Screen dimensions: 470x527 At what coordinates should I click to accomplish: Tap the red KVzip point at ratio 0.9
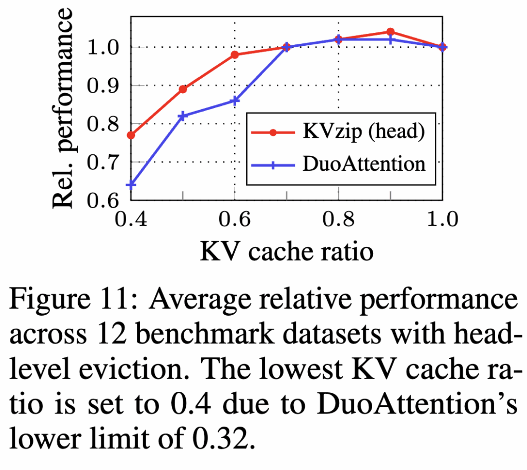pos(391,32)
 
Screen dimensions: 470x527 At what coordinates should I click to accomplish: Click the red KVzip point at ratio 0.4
pos(131,135)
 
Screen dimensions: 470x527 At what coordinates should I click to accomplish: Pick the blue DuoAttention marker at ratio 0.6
pos(235,101)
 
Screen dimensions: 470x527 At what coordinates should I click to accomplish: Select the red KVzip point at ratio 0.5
pos(183,89)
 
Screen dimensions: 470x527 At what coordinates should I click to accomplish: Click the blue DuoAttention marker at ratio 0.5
pos(183,116)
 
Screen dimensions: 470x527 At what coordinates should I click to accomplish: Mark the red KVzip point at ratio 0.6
pos(235,55)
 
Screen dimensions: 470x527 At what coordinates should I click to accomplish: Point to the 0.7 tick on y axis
pos(106,162)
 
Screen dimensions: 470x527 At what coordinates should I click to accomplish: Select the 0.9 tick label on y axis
pos(106,86)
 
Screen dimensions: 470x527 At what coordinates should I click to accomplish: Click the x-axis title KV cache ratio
pos(286,252)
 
